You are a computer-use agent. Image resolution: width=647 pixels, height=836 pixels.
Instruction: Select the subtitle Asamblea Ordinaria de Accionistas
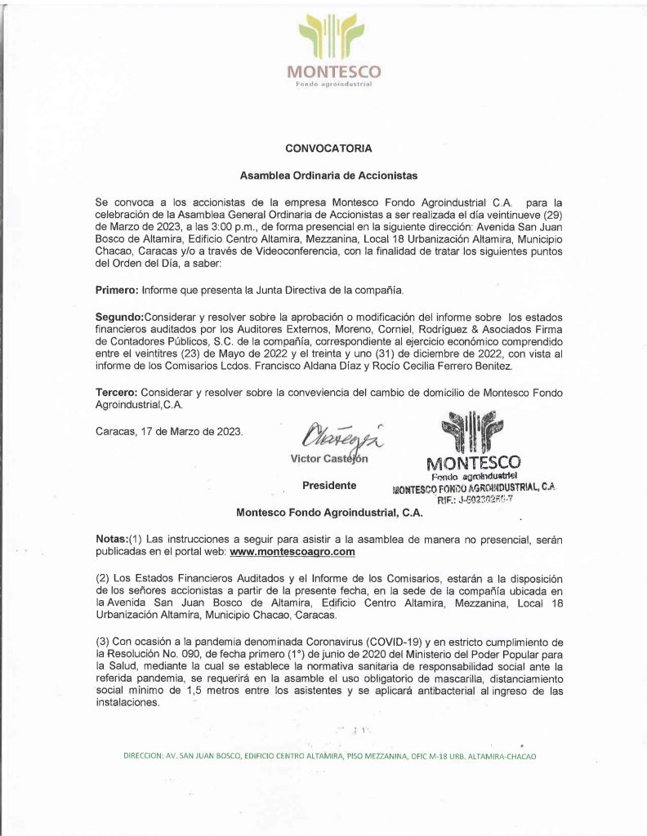pyautogui.click(x=328, y=175)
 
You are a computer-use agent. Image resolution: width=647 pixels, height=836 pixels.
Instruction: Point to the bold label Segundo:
pyautogui.click(x=119, y=317)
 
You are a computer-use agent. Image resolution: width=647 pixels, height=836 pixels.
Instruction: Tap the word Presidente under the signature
pyautogui.click(x=329, y=486)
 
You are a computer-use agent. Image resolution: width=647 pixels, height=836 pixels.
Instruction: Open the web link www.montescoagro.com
pyautogui.click(x=292, y=552)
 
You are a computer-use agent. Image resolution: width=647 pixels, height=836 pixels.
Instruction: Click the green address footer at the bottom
pyautogui.click(x=329, y=756)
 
